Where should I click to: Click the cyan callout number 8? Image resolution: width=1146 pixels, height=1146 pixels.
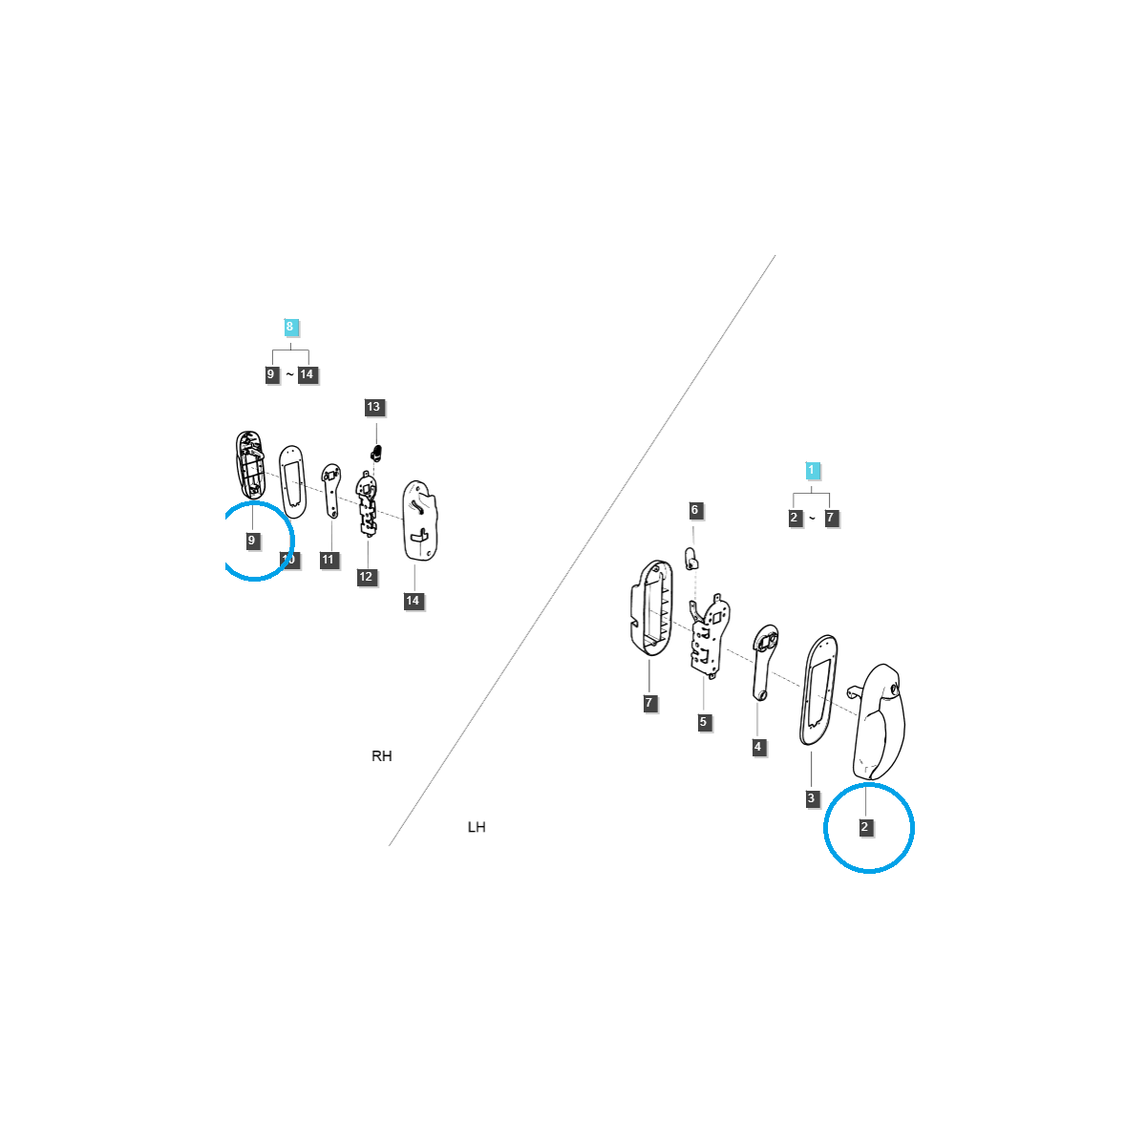[x=290, y=327]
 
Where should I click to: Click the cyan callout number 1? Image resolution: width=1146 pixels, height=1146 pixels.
[x=812, y=470]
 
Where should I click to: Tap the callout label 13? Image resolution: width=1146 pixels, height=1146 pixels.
[x=373, y=407]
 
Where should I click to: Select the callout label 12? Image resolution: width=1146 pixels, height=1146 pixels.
[x=366, y=577]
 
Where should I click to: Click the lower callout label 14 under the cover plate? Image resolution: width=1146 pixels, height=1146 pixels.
[x=413, y=601]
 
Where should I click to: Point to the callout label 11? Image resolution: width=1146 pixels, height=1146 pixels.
[x=329, y=560]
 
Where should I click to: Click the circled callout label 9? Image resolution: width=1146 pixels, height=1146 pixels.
[x=251, y=541]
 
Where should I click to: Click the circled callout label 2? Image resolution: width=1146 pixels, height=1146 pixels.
[x=865, y=827]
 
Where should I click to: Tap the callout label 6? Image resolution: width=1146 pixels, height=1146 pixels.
[x=695, y=510]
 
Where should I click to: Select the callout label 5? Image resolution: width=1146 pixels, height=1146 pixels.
[x=703, y=722]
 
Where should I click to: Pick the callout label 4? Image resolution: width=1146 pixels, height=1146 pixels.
[x=758, y=747]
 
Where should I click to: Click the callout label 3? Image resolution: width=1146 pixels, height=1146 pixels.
[x=812, y=797]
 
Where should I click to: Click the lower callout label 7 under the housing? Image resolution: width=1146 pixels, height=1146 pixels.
[x=649, y=703]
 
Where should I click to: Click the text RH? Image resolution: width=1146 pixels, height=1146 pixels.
[x=381, y=756]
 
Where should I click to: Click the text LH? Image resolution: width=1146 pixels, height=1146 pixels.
[x=477, y=827]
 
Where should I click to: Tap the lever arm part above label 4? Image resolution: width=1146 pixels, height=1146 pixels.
[x=764, y=659]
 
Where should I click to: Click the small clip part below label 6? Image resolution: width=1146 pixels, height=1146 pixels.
[x=693, y=557]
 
